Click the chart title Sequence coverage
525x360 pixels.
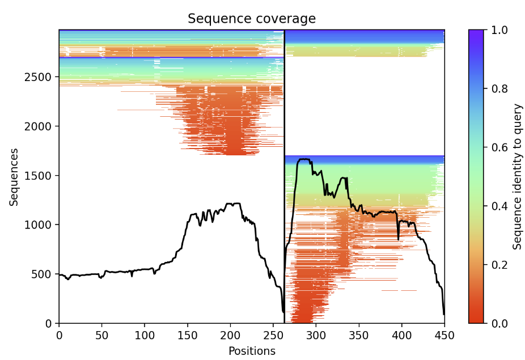[252, 19]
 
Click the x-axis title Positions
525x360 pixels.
[252, 351]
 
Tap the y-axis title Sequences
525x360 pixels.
[14, 177]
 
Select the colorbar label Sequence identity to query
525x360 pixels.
[517, 176]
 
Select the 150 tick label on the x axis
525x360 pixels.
[145, 334]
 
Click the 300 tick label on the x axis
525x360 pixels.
[316, 334]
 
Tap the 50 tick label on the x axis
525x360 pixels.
[102, 334]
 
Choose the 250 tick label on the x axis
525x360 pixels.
[273, 334]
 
